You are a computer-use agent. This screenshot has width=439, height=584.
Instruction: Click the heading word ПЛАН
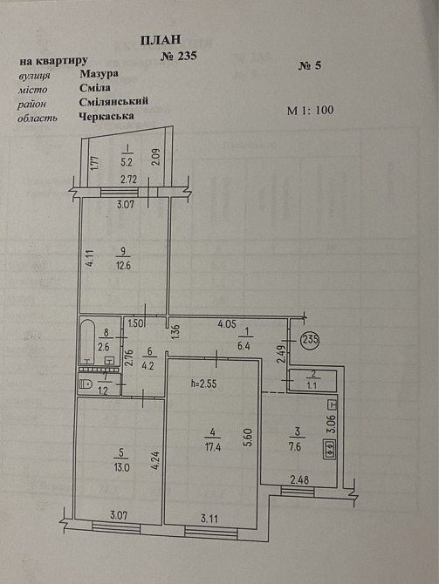click(161, 40)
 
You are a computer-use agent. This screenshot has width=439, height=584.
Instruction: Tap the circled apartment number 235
click(311, 340)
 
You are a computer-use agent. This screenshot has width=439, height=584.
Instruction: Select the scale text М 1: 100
click(310, 110)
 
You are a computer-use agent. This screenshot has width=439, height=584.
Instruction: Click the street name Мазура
click(99, 74)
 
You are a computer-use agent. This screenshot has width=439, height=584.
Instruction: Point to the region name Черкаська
click(106, 116)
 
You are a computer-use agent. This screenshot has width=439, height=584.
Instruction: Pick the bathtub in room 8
click(90, 341)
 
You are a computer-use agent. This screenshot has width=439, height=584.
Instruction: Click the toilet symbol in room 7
click(86, 384)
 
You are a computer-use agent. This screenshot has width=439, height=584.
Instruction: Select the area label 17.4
click(213, 447)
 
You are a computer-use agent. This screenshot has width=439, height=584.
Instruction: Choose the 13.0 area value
click(122, 467)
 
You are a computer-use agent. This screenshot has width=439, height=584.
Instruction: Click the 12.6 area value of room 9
click(123, 267)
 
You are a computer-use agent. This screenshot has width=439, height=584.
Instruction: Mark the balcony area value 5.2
click(127, 162)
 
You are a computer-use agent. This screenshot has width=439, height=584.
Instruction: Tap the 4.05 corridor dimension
click(227, 324)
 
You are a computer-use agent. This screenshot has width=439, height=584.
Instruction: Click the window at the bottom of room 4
click(211, 533)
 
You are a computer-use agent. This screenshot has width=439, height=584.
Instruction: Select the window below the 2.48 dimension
click(298, 492)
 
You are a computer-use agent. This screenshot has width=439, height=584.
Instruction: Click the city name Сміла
click(95, 88)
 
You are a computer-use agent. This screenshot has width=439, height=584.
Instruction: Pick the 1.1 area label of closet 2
click(312, 386)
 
